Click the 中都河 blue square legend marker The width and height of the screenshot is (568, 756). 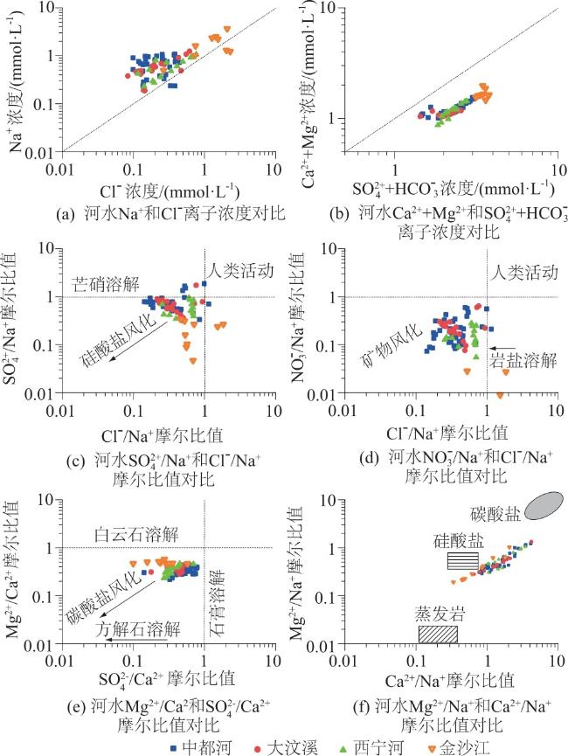[174, 746]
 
